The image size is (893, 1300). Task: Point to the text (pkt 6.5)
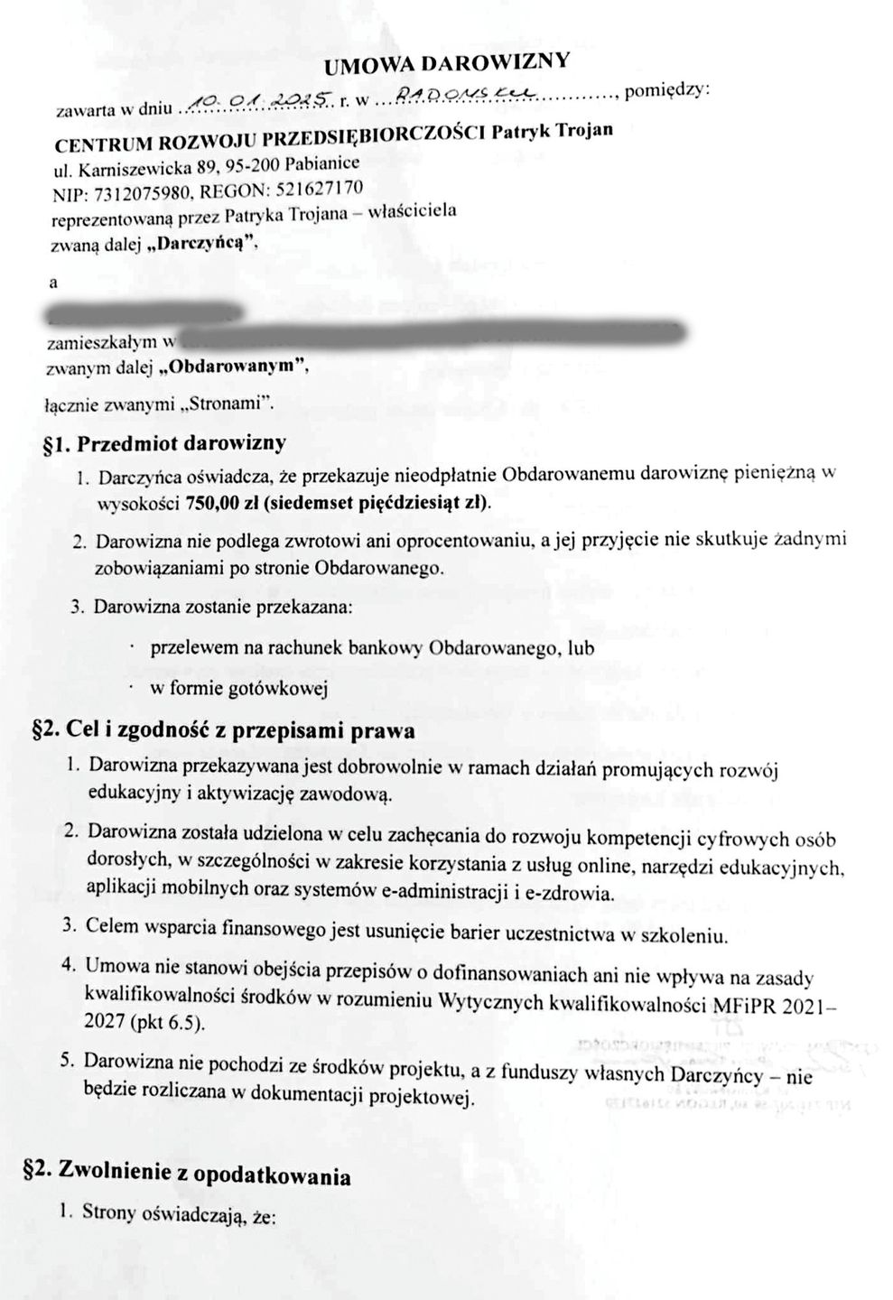point(172,1023)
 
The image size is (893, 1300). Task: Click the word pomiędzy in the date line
point(667,90)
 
